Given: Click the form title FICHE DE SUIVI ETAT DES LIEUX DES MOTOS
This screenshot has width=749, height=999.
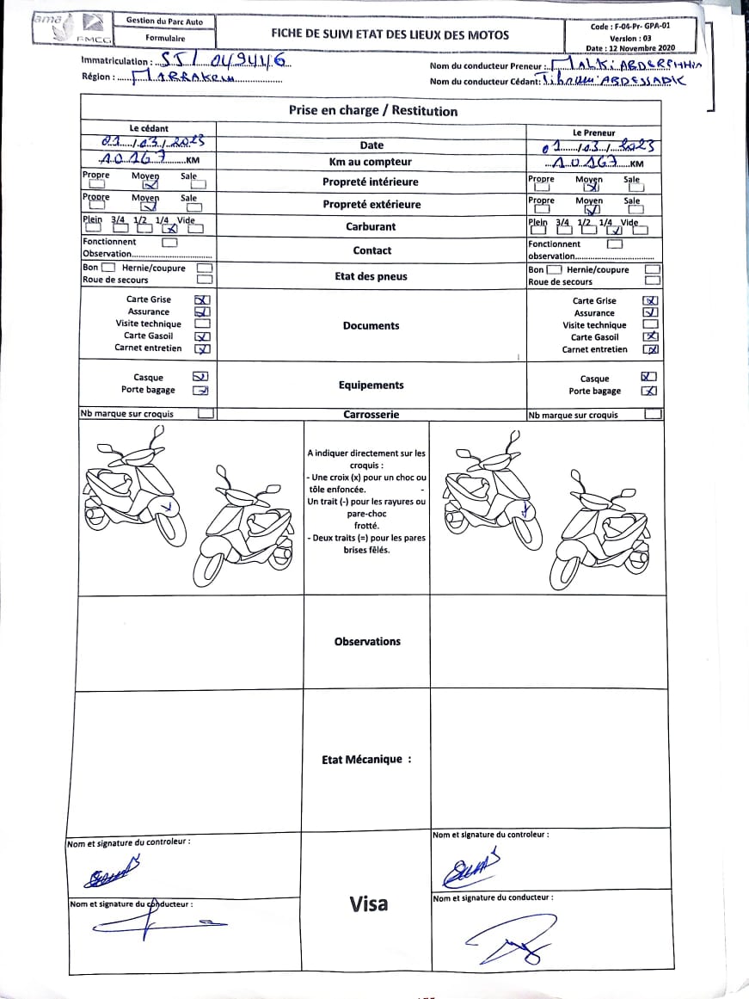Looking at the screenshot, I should tap(390, 34).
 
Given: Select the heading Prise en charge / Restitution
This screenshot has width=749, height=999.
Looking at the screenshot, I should tap(372, 110).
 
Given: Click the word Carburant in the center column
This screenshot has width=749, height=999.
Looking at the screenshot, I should tap(371, 226).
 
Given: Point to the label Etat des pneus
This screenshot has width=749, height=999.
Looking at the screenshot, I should tap(371, 276).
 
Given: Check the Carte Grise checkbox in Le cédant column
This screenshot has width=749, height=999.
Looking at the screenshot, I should tap(203, 300).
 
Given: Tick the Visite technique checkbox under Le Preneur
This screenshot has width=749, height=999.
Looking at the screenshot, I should tap(651, 325).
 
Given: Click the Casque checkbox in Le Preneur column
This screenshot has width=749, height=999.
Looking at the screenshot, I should tap(649, 377).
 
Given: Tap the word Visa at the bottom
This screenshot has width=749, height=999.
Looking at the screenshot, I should tap(368, 903).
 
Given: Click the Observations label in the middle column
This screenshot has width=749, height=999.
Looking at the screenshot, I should tap(367, 641).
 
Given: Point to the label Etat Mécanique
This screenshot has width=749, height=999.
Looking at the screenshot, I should tap(366, 760).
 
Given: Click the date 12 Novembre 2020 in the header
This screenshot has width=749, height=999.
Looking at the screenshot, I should tap(632, 49).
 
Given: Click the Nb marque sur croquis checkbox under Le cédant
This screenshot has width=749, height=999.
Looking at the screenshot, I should tap(206, 414).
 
